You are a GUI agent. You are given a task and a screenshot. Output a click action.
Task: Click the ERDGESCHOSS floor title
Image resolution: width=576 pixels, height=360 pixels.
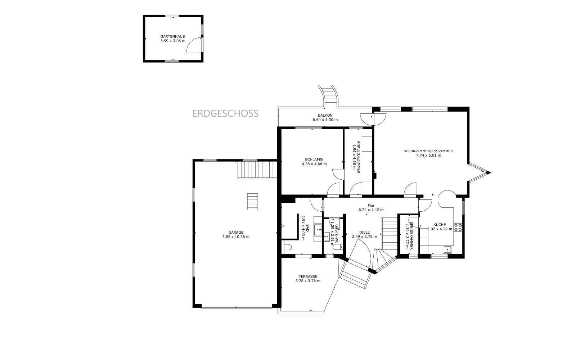point(225,113)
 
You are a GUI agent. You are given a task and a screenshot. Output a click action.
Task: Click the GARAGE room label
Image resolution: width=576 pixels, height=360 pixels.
point(236,233)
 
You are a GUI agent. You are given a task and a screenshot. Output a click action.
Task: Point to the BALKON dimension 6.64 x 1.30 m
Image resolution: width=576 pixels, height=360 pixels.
point(325,120)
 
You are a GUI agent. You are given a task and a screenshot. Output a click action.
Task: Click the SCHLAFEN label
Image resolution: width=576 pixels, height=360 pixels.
point(314,159)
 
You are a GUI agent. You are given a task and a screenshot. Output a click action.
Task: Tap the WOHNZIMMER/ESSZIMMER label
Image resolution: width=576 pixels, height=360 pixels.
point(428,151)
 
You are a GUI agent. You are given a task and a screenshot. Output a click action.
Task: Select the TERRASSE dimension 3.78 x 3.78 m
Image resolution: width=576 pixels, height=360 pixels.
point(308,281)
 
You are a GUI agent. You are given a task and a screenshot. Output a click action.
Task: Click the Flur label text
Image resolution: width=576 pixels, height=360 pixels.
point(371,205)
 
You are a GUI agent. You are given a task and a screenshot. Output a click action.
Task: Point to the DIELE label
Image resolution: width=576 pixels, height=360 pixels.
point(364,232)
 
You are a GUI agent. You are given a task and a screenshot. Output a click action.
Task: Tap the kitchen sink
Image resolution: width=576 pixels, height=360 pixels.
point(447,250)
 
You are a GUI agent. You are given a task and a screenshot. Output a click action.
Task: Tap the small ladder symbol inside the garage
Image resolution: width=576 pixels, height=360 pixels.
point(252,201)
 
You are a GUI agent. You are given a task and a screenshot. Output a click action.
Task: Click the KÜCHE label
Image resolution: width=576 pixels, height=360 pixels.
point(440,225)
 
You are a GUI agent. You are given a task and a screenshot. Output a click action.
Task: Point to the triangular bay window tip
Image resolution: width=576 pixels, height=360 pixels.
point(490,172)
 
